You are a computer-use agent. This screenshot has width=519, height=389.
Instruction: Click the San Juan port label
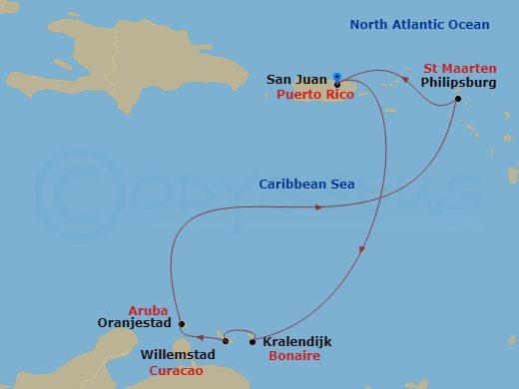[296, 79]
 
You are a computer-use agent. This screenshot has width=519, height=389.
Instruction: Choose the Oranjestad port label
[138, 323]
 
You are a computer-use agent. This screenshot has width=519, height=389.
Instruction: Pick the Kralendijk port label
[296, 341]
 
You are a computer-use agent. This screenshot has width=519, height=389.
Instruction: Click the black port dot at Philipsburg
[457, 99]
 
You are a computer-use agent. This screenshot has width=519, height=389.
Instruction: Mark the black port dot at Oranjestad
[181, 323]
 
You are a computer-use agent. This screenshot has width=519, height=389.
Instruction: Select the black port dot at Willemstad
[226, 342]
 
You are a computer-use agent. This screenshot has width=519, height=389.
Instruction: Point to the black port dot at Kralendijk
[252, 342]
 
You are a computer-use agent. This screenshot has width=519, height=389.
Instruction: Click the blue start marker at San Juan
[337, 76]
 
